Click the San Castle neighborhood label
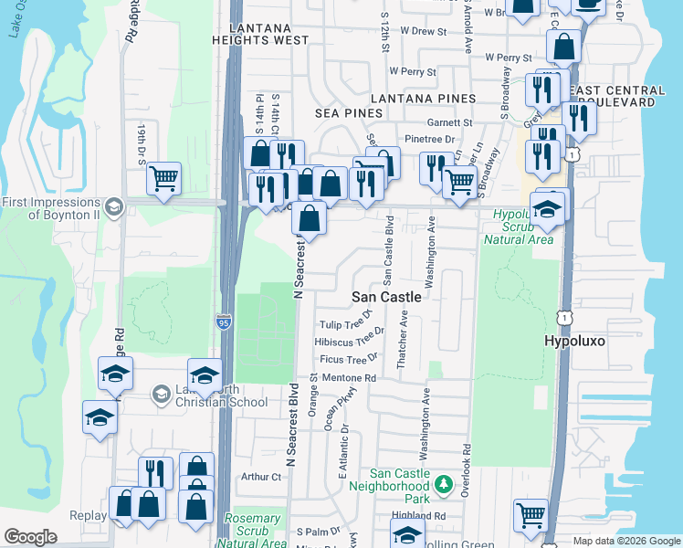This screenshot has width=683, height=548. coord(387,297)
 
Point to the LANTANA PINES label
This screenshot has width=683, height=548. coord(422,98)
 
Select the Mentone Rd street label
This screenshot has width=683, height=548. coord(348,377)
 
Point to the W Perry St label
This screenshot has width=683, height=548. coord(414,70)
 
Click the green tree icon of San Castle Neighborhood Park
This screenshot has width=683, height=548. coord(444,481)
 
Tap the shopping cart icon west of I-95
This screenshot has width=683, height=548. coord(163,178)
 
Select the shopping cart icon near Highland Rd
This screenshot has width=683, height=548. coord(531,515)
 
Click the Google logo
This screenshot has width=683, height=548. coord(30,537)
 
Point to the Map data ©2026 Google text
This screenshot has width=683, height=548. coord(625,541)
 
